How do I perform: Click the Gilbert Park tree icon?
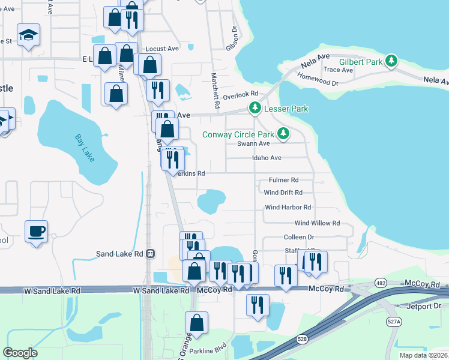pos(392,61)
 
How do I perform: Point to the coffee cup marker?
pos(36,231)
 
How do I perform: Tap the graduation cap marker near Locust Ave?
pos(28,35)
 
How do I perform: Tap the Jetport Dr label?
pos(424,305)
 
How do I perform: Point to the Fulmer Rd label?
pos(283,180)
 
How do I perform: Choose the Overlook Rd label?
pos(240,94)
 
